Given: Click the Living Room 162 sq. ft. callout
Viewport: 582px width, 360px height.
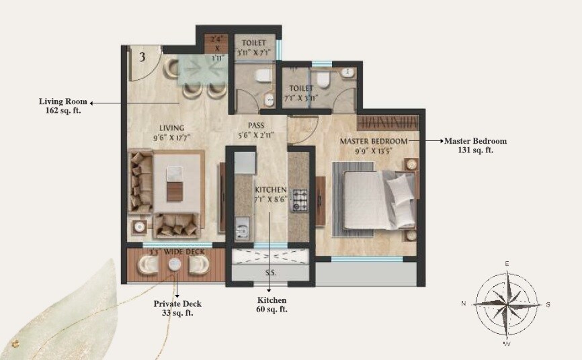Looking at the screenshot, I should (x=59, y=105).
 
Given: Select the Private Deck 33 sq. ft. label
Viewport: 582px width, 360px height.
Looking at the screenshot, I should (x=177, y=308).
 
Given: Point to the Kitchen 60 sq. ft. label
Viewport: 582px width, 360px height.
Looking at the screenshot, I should (x=272, y=304).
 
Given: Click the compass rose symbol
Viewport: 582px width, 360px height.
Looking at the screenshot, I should (x=507, y=303).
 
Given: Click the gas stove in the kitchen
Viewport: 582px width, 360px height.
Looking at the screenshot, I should (x=299, y=200).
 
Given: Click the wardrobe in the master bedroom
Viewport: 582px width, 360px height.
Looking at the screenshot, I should (x=386, y=123).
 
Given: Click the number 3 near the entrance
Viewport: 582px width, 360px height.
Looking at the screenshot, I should (x=142, y=56).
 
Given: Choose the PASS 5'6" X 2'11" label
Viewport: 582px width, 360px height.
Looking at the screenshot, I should (x=255, y=130).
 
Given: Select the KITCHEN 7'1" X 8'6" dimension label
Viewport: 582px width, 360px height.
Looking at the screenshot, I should (x=271, y=195).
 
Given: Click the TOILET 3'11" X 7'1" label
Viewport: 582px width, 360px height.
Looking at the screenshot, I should (x=254, y=47).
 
